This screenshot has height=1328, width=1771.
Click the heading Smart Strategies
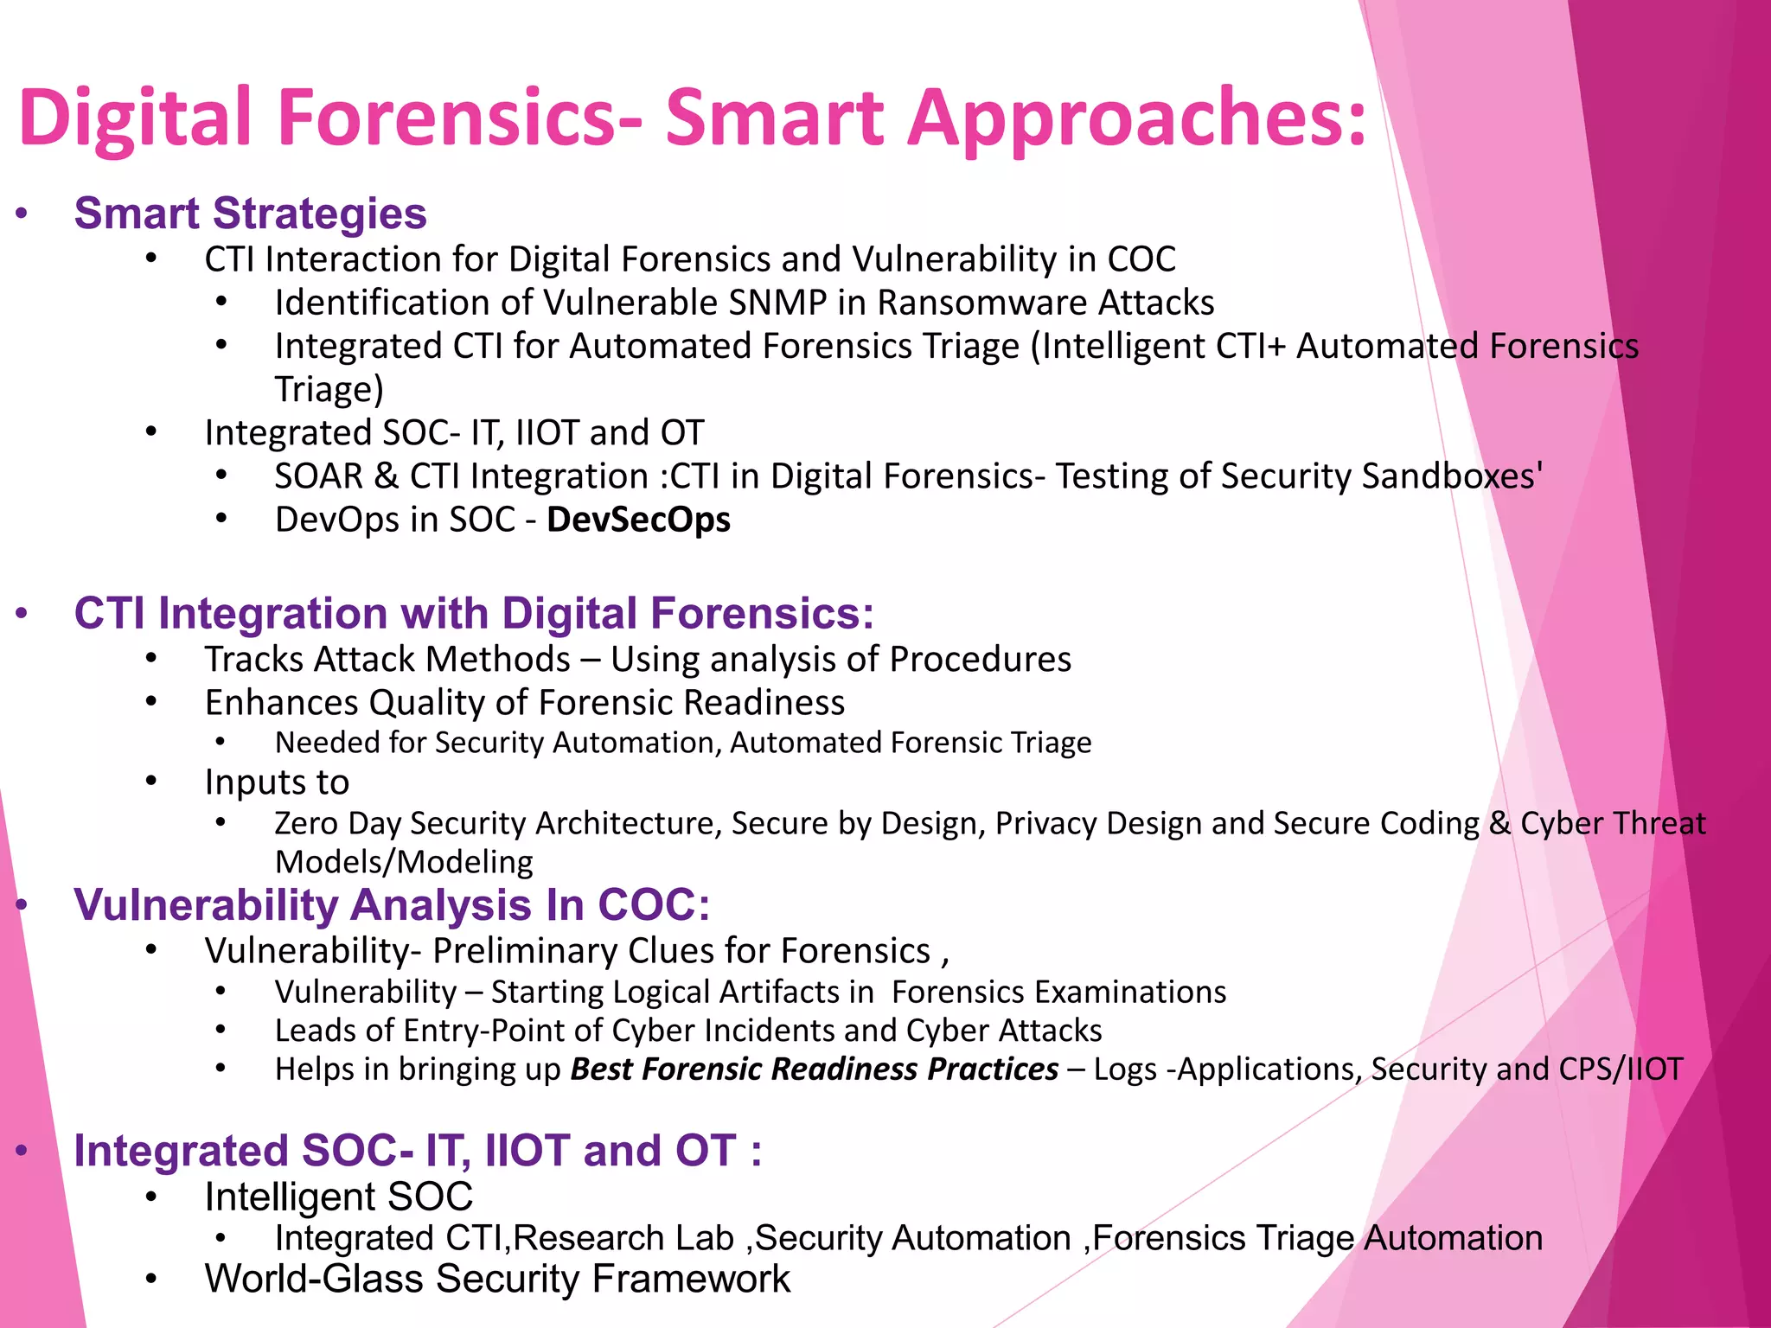(250, 214)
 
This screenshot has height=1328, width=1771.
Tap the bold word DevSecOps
(638, 520)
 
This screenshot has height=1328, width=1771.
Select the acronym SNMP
(777, 303)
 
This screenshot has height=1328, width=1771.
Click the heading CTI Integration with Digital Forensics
(473, 613)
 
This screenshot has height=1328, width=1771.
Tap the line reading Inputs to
(277, 782)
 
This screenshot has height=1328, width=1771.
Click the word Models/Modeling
(404, 862)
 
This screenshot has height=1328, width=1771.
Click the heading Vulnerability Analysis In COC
(391, 905)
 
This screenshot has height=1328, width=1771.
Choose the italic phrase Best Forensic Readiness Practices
(814, 1069)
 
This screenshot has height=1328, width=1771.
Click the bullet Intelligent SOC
(338, 1197)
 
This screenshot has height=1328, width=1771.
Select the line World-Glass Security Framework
(497, 1279)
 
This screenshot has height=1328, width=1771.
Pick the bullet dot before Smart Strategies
(22, 214)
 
